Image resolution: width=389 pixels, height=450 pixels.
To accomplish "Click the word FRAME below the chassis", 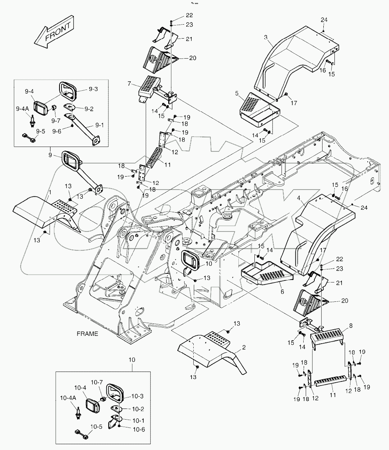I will click(x=87, y=334).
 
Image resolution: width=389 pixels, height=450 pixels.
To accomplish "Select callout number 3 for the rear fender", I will click(x=265, y=38).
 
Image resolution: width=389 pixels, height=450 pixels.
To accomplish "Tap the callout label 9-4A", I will click(x=23, y=108).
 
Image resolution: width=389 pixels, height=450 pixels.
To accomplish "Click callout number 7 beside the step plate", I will click(x=129, y=84).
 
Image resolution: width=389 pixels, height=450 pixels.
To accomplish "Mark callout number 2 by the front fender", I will click(x=244, y=347).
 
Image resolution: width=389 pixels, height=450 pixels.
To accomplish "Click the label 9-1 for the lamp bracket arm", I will click(x=99, y=124).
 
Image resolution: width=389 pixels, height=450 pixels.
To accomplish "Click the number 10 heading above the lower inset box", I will click(x=132, y=360).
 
